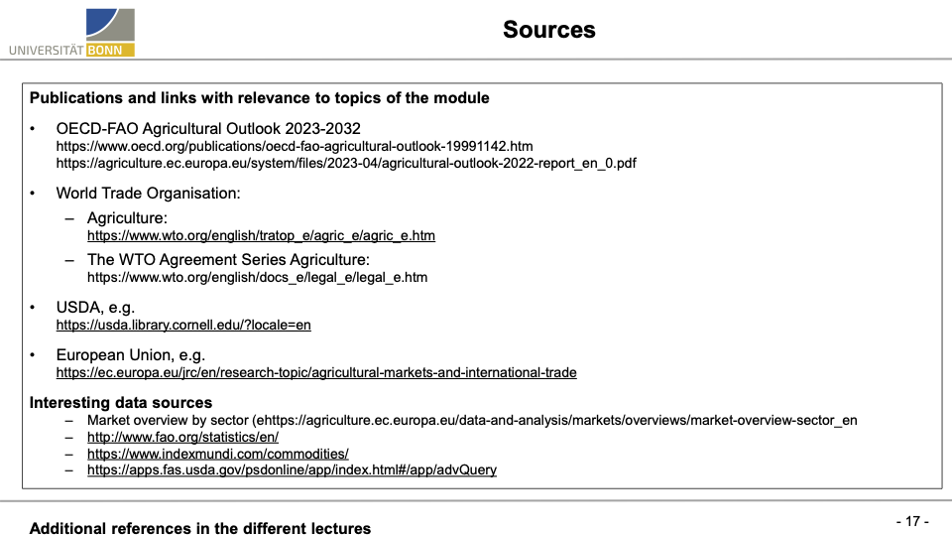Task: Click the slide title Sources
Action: (548, 30)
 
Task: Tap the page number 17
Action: (911, 521)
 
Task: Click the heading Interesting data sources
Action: (121, 402)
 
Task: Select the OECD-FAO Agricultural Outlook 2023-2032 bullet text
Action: (208, 128)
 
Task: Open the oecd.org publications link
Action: (295, 146)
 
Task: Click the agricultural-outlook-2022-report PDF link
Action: (346, 163)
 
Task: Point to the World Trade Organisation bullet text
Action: (149, 194)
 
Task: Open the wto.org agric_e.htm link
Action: (261, 235)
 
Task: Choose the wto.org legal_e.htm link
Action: (257, 277)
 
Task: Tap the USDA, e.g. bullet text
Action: (95, 307)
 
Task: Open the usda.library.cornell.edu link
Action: (183, 325)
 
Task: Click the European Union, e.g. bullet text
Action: (131, 354)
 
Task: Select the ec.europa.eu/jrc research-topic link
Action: (316, 372)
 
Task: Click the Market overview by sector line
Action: (472, 420)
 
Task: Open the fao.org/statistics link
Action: (182, 437)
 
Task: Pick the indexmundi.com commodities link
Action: (217, 453)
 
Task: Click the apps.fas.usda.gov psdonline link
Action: (292, 469)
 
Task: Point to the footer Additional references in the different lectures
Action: (200, 528)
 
